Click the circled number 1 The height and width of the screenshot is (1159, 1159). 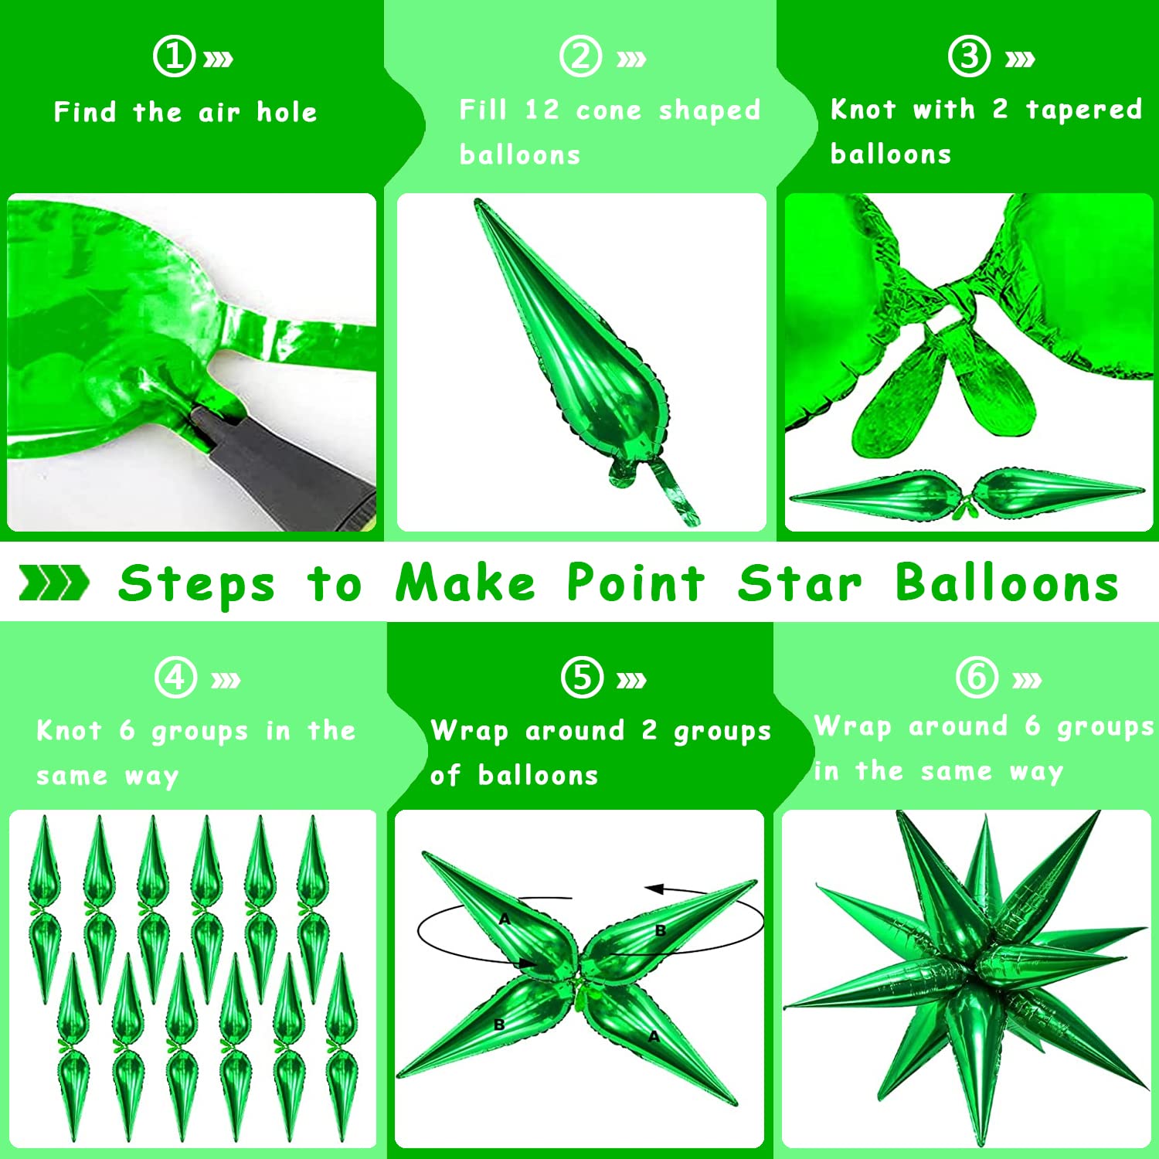[x=174, y=56]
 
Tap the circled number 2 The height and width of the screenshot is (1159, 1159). [x=580, y=56]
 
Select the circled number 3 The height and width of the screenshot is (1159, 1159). [x=969, y=56]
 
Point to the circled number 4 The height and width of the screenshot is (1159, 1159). [x=175, y=678]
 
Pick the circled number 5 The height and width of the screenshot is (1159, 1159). [x=582, y=678]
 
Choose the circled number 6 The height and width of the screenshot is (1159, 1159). [x=977, y=678]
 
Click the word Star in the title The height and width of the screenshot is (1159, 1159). [x=799, y=583]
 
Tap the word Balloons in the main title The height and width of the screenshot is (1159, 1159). [x=1007, y=583]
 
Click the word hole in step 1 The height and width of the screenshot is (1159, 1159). [x=287, y=112]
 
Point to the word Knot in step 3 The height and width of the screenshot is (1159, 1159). [x=863, y=109]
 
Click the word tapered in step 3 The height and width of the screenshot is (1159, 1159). [x=1083, y=110]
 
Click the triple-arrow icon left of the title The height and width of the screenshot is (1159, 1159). [x=53, y=583]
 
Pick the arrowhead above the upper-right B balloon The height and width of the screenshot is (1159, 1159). [x=655, y=889]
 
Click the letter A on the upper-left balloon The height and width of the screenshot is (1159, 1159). [x=505, y=919]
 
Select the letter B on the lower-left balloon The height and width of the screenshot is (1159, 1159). [x=499, y=1025]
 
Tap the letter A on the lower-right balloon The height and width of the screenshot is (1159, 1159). [x=654, y=1036]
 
